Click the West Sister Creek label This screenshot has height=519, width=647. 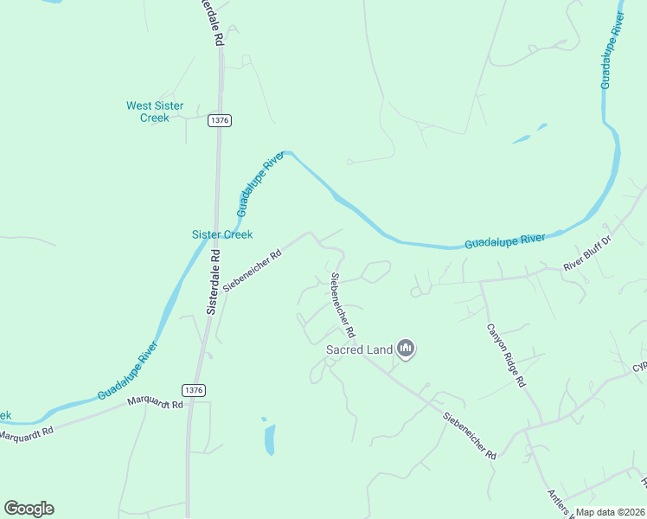point(155,112)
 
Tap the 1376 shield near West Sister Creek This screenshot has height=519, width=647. point(219,121)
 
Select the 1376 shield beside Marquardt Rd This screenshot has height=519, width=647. point(195,391)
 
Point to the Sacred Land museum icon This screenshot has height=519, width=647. point(406,349)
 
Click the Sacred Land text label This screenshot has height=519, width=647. point(358,350)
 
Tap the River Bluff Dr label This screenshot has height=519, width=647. point(587,253)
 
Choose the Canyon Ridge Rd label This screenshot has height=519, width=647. point(505,356)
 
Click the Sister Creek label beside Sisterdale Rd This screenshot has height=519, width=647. point(221,234)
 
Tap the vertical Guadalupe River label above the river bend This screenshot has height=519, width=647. point(612,51)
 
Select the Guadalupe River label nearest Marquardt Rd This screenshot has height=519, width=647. point(127,370)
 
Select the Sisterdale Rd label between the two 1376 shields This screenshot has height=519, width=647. point(213,282)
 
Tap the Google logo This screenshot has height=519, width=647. point(29,509)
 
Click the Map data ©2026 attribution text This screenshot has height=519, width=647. point(611,512)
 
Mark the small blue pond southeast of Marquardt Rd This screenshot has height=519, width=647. point(270,439)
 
